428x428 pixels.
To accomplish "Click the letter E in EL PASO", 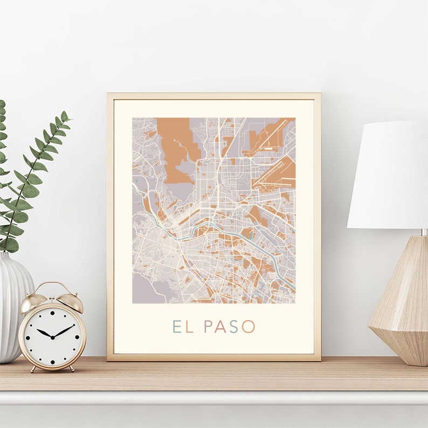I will (x=176, y=327).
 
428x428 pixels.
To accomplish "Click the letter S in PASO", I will (x=234, y=327).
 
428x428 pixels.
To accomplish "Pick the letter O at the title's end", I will (x=248, y=327).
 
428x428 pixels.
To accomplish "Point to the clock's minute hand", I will (x=65, y=330).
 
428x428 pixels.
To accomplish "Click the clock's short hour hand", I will (x=45, y=333).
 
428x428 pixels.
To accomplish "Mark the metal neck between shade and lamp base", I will (x=424, y=232).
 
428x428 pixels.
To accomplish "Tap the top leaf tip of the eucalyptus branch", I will (x=65, y=115).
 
